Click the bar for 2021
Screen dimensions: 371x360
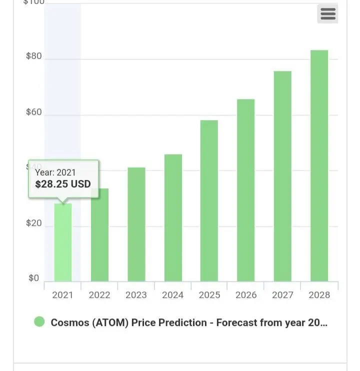tap(63, 242)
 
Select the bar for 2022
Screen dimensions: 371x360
tap(99, 235)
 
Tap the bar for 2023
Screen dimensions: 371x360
tap(136, 224)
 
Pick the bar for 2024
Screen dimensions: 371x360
tap(173, 218)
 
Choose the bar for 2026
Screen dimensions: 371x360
tap(245, 190)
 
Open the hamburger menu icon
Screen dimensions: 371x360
tap(328, 14)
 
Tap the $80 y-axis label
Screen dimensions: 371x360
tap(34, 56)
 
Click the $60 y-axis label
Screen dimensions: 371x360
tap(34, 112)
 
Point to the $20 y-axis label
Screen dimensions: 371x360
tap(34, 223)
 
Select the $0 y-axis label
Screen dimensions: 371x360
tap(33, 278)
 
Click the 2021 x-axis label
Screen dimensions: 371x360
tap(62, 295)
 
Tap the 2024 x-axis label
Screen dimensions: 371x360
tap(172, 295)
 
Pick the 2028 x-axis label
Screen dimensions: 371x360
tap(319, 295)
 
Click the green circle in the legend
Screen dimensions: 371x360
tap(39, 322)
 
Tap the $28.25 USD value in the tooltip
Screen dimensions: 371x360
tap(63, 184)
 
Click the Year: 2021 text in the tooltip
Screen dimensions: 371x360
tap(55, 172)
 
